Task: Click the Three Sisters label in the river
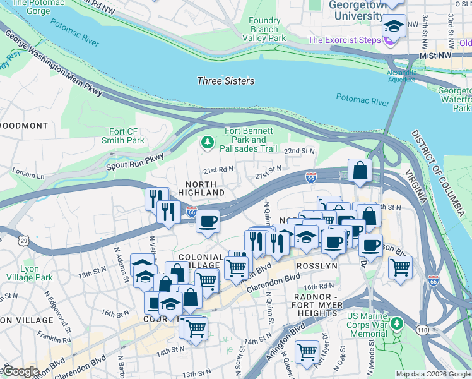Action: coord(226,81)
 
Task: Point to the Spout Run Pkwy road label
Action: coord(134,161)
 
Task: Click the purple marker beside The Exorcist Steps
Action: coord(389,40)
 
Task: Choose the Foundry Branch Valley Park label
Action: coord(264,29)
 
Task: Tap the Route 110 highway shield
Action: coord(421,329)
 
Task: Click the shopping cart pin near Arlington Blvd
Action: coord(307,351)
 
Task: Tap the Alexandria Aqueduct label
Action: coord(401,76)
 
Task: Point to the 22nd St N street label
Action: coord(298,152)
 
